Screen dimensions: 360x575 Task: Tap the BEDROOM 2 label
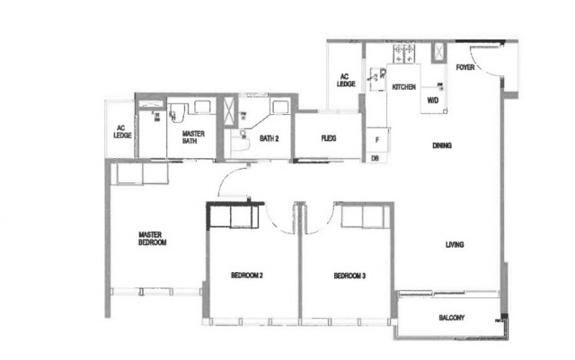(x=246, y=276)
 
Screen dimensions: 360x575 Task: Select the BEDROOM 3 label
(x=348, y=276)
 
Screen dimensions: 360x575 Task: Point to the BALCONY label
(x=451, y=318)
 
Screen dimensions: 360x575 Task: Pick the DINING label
(x=441, y=145)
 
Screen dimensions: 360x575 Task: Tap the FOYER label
(x=464, y=67)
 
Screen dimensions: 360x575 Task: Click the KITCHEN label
(x=403, y=87)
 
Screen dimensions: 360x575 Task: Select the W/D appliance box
(x=432, y=100)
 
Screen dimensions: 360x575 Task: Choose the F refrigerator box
(x=375, y=141)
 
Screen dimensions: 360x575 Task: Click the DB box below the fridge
(x=375, y=158)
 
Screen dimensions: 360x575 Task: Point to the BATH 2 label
(x=270, y=138)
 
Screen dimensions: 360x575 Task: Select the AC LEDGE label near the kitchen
(x=346, y=81)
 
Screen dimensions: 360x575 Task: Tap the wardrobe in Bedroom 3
(x=363, y=216)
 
